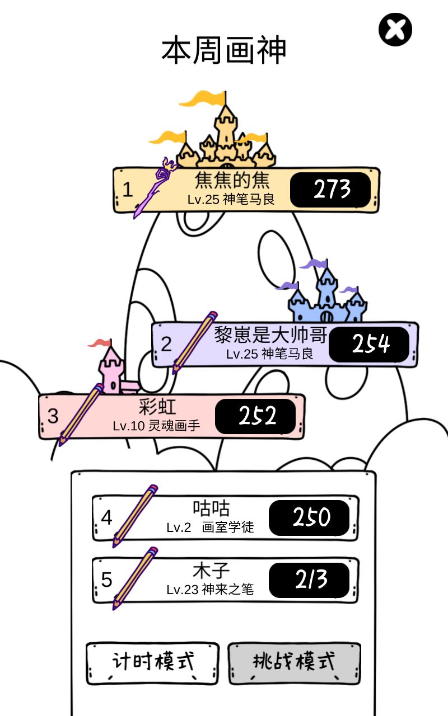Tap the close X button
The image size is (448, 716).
[395, 30]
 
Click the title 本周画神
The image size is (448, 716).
[223, 50]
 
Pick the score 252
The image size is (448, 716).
[255, 416]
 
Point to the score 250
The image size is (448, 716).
[309, 517]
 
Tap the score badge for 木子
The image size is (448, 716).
[309, 580]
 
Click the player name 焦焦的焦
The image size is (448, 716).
[232, 180]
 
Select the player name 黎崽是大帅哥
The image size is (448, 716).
[270, 335]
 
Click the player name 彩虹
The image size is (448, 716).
[157, 407]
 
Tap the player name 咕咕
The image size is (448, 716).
[211, 508]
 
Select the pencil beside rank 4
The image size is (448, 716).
[135, 516]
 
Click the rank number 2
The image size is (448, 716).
[166, 344]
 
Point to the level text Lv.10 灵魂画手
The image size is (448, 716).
[156, 426]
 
